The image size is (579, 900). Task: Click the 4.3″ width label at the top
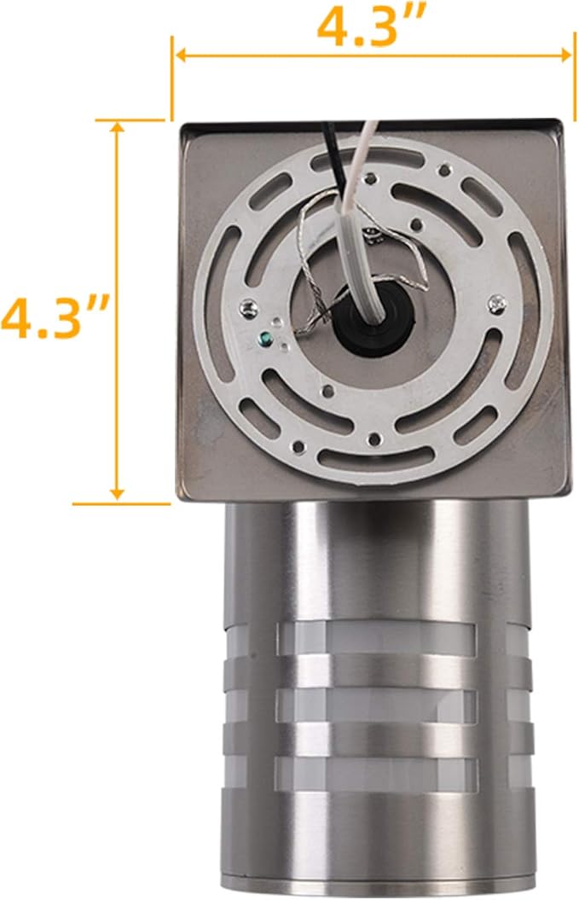371,26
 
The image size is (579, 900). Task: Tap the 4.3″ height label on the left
54,316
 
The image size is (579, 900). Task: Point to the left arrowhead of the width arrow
182,55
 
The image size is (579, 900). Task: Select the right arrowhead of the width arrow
565,55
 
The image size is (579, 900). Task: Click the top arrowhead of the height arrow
117,126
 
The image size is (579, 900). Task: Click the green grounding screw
265,339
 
